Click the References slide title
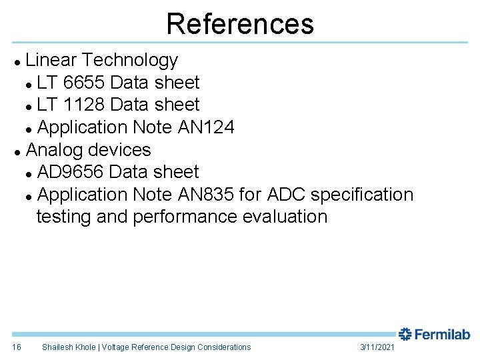click(240, 23)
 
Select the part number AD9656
click(70, 172)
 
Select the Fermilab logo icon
click(405, 334)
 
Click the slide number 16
click(17, 347)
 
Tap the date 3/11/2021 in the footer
click(377, 347)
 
